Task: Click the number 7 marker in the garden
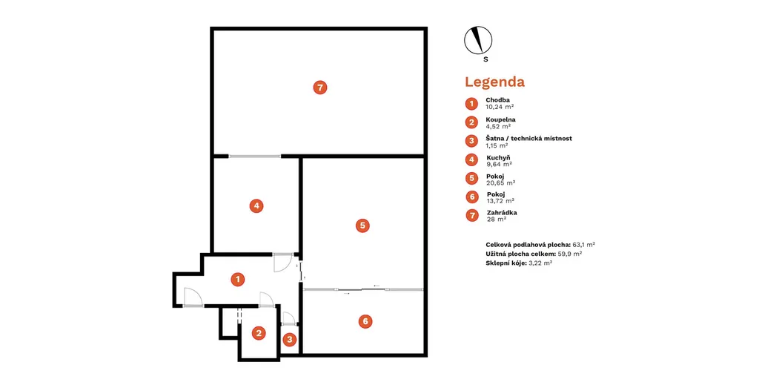[320, 88]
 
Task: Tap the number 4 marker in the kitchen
[256, 205]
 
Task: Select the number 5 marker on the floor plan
[362, 226]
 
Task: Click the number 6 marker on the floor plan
[365, 321]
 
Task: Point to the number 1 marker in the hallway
[238, 279]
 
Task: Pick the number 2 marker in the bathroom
[259, 332]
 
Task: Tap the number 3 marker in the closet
[290, 340]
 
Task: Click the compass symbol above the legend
[478, 40]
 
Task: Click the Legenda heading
[494, 82]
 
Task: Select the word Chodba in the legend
[497, 100]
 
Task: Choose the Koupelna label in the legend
[500, 119]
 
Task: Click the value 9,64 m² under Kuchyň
[499, 164]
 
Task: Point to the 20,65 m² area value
[500, 182]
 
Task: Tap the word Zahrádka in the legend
[502, 213]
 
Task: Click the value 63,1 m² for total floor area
[584, 245]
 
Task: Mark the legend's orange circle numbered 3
[471, 141]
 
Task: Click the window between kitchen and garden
[255, 157]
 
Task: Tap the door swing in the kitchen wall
[282, 262]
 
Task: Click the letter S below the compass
[485, 59]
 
